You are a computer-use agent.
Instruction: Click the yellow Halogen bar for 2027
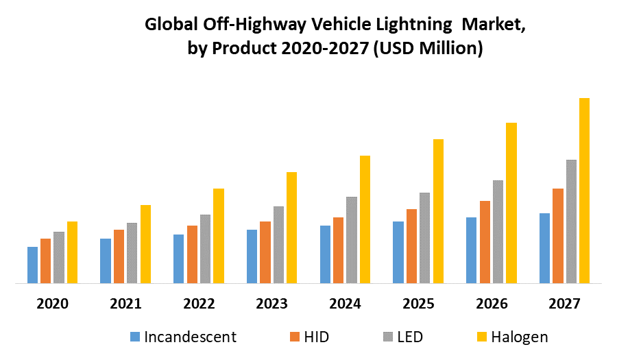(584, 190)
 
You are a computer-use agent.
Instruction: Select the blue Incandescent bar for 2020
(32, 265)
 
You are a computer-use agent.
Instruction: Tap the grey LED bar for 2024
(352, 239)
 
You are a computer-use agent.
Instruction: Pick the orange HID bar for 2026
(485, 241)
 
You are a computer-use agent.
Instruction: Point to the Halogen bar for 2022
(219, 235)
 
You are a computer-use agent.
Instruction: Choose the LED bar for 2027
(571, 221)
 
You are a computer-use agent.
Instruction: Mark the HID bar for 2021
(119, 256)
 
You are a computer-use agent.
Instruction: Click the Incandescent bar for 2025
(398, 252)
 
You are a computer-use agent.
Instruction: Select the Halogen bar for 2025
(438, 211)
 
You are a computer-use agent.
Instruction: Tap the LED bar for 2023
(278, 244)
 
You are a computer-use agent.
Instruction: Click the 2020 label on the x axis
(52, 303)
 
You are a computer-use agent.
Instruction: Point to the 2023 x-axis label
(271, 303)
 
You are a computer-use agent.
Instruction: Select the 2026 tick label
(492, 303)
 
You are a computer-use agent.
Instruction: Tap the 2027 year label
(564, 303)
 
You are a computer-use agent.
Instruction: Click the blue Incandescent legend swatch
(135, 337)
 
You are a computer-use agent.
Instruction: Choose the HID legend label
(317, 337)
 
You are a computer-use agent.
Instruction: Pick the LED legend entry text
(409, 337)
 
